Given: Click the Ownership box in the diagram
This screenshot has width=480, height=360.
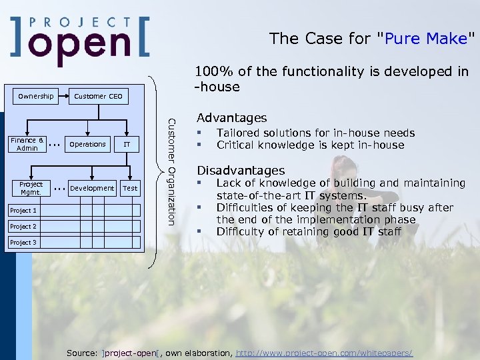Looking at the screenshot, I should [x=36, y=96].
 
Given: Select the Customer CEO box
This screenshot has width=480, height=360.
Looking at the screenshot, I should [x=98, y=96].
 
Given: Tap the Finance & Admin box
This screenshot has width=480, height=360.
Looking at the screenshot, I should [x=27, y=144].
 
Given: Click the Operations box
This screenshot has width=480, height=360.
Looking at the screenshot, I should [x=87, y=144].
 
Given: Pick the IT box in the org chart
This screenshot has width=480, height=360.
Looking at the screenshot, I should [x=127, y=144].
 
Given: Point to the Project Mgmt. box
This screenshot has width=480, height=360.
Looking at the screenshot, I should [x=31, y=188].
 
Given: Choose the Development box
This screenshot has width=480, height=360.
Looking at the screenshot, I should [x=92, y=188].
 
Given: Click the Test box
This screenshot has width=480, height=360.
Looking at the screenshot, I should [x=131, y=188].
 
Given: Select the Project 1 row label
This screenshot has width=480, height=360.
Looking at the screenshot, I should [x=23, y=211].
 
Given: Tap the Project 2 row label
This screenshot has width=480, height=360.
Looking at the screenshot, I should [x=23, y=227].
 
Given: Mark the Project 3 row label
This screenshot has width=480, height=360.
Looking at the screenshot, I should [x=23, y=243].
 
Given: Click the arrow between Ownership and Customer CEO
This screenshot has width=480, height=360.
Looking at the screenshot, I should [x=64, y=96].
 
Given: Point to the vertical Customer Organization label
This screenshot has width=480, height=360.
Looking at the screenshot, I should [x=171, y=171].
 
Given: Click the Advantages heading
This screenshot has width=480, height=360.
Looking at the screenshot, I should [x=231, y=118].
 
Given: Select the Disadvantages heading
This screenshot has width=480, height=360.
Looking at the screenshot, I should [x=241, y=171].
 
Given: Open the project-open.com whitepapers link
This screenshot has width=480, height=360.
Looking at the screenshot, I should [x=324, y=352].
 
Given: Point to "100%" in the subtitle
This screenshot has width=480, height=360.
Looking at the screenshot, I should [x=210, y=72].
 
